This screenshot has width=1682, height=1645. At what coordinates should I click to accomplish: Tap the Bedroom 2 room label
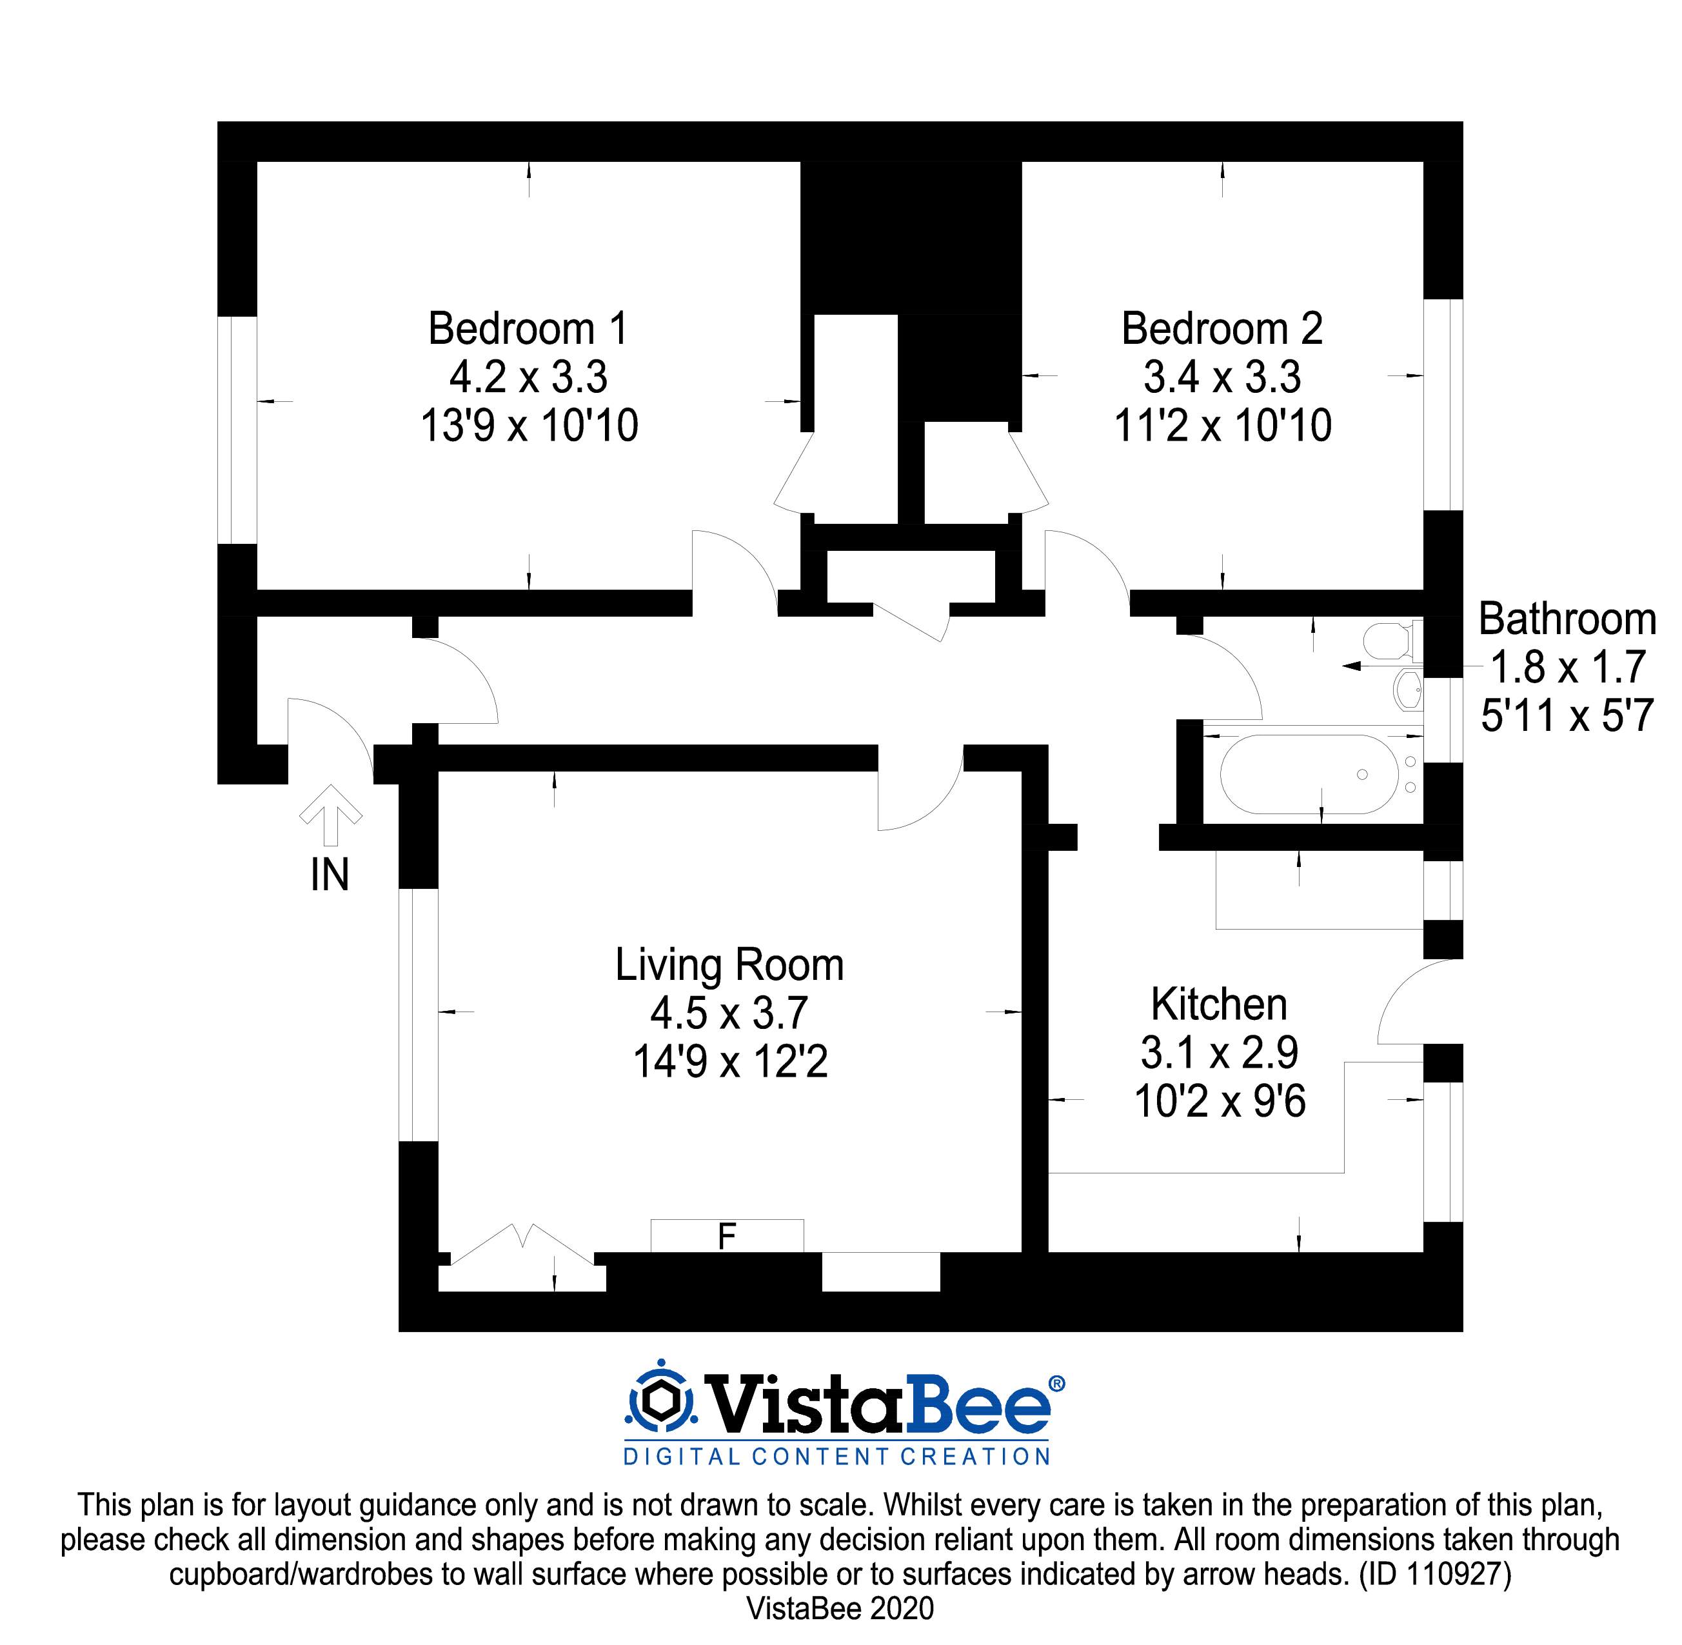tap(1222, 329)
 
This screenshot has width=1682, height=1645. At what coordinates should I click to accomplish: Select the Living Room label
tap(729, 965)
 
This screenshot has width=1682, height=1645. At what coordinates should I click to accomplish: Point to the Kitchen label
tap(1219, 1005)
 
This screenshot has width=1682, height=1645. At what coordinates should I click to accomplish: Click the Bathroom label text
tap(1567, 619)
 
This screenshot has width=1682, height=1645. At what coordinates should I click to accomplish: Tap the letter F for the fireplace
tap(727, 1237)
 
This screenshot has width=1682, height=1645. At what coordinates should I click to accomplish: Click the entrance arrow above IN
tap(330, 815)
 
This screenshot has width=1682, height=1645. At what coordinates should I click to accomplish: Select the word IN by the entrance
tap(330, 875)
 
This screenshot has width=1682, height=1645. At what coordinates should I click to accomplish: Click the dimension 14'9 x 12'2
tap(730, 1062)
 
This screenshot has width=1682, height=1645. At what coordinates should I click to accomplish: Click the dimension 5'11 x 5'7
tap(1567, 716)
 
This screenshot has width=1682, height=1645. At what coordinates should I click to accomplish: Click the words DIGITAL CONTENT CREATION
tap(836, 1457)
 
